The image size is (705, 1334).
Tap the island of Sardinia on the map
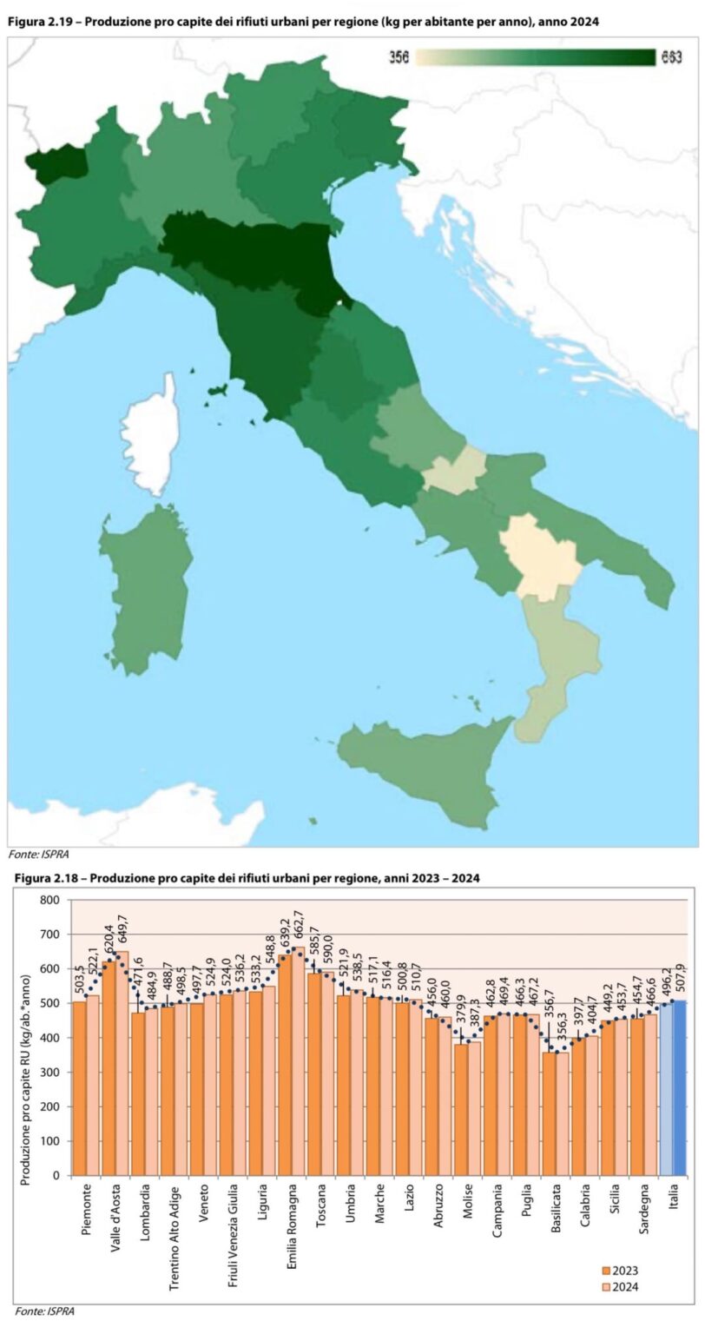click(145, 587)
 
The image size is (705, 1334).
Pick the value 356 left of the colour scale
click(399, 57)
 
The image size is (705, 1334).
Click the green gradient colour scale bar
click(536, 57)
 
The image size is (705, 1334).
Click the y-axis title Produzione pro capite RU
click(27, 1038)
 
